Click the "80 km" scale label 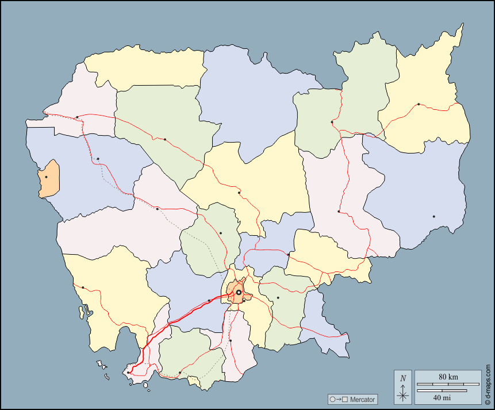[448, 377]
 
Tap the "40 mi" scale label [442, 397]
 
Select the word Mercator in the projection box [362, 399]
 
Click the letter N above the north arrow [403, 378]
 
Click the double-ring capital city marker [239, 293]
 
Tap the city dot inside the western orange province [46, 177]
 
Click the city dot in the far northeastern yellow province [419, 104]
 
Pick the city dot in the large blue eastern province [433, 216]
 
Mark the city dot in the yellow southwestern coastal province [83, 288]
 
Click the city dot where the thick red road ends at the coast [128, 372]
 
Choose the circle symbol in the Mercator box [332, 399]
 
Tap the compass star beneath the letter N [403, 394]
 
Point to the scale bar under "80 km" [448, 384]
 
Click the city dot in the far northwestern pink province [77, 117]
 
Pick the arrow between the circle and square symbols [339, 399]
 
